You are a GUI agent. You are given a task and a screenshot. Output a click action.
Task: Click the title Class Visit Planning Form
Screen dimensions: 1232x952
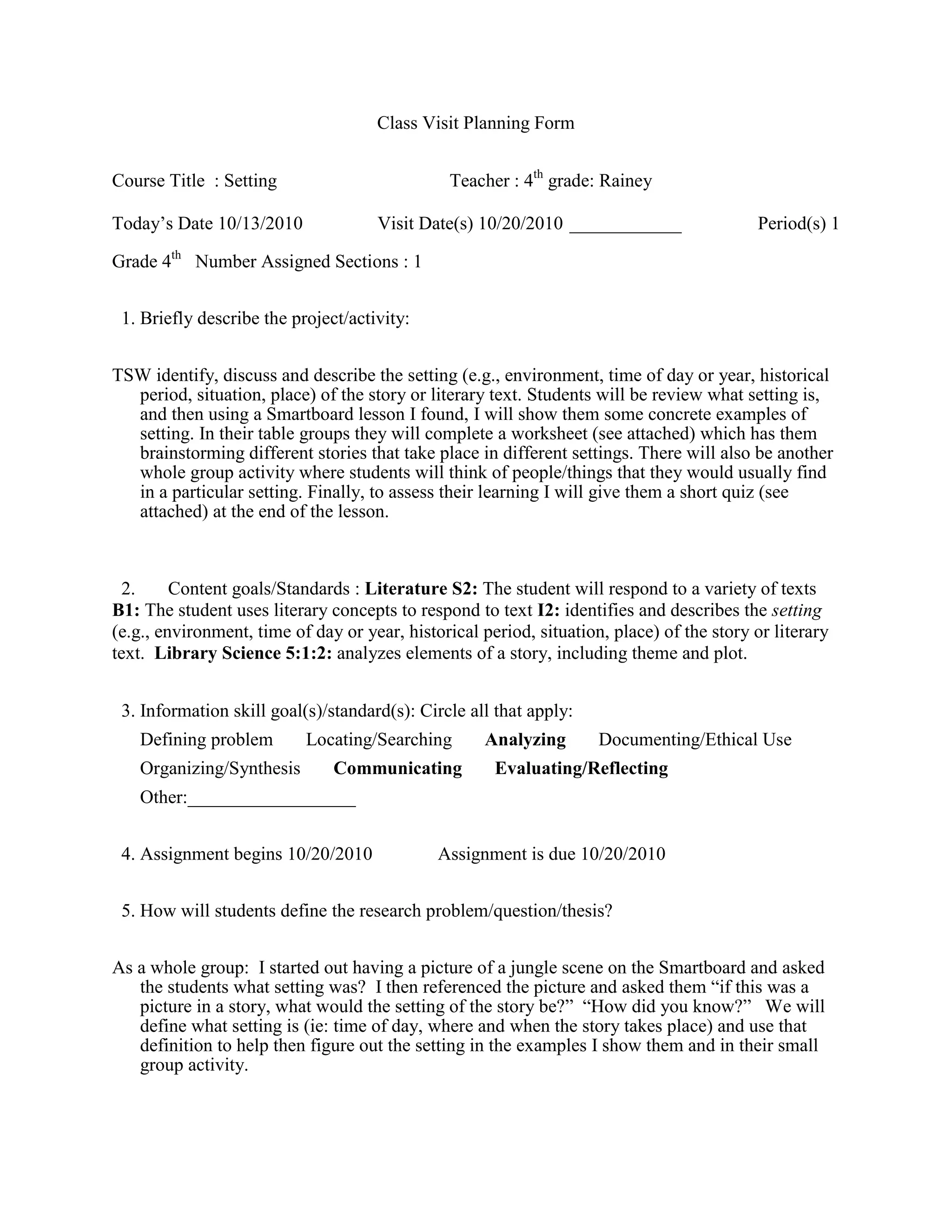pyautogui.click(x=476, y=123)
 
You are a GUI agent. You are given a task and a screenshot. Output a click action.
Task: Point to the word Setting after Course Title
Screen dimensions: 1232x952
pyautogui.click(x=251, y=181)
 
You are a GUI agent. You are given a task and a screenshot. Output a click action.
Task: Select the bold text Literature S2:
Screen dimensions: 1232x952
pyautogui.click(x=421, y=589)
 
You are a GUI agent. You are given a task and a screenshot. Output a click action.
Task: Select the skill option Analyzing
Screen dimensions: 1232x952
pyautogui.click(x=525, y=740)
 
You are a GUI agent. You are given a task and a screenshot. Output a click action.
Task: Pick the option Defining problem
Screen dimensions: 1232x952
pyautogui.click(x=206, y=740)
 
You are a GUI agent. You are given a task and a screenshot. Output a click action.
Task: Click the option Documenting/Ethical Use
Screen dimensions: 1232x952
pyautogui.click(x=695, y=740)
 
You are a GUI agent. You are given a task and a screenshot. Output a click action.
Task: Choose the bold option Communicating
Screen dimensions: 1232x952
pyautogui.click(x=397, y=768)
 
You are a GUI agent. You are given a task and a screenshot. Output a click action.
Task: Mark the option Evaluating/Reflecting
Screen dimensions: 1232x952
pyautogui.click(x=582, y=768)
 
